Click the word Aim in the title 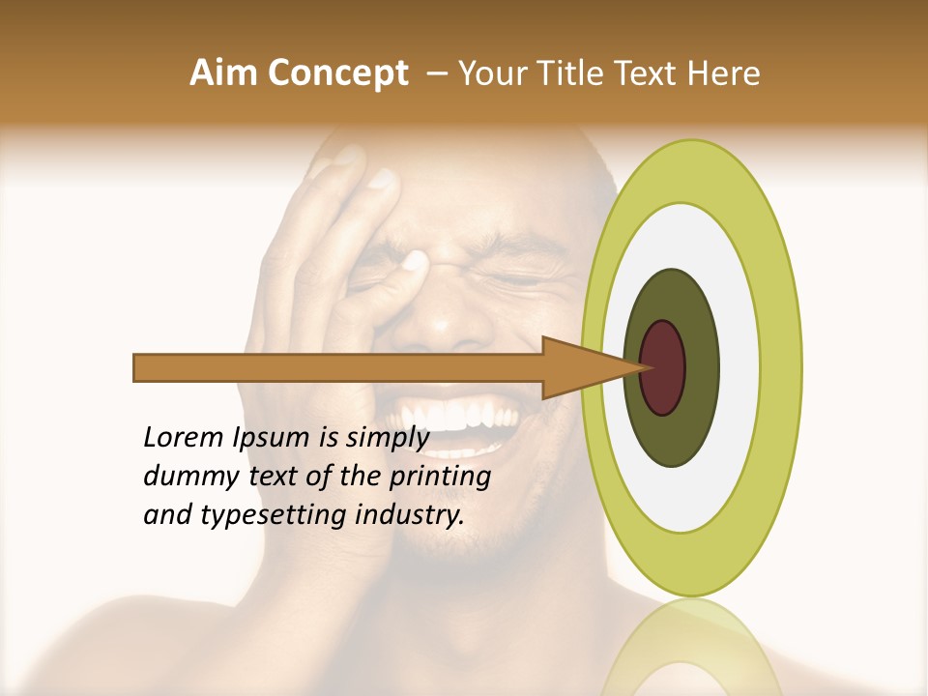225,73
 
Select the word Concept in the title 338,74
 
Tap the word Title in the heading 577,73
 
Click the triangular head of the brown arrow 580,368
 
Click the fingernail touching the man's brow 417,260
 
